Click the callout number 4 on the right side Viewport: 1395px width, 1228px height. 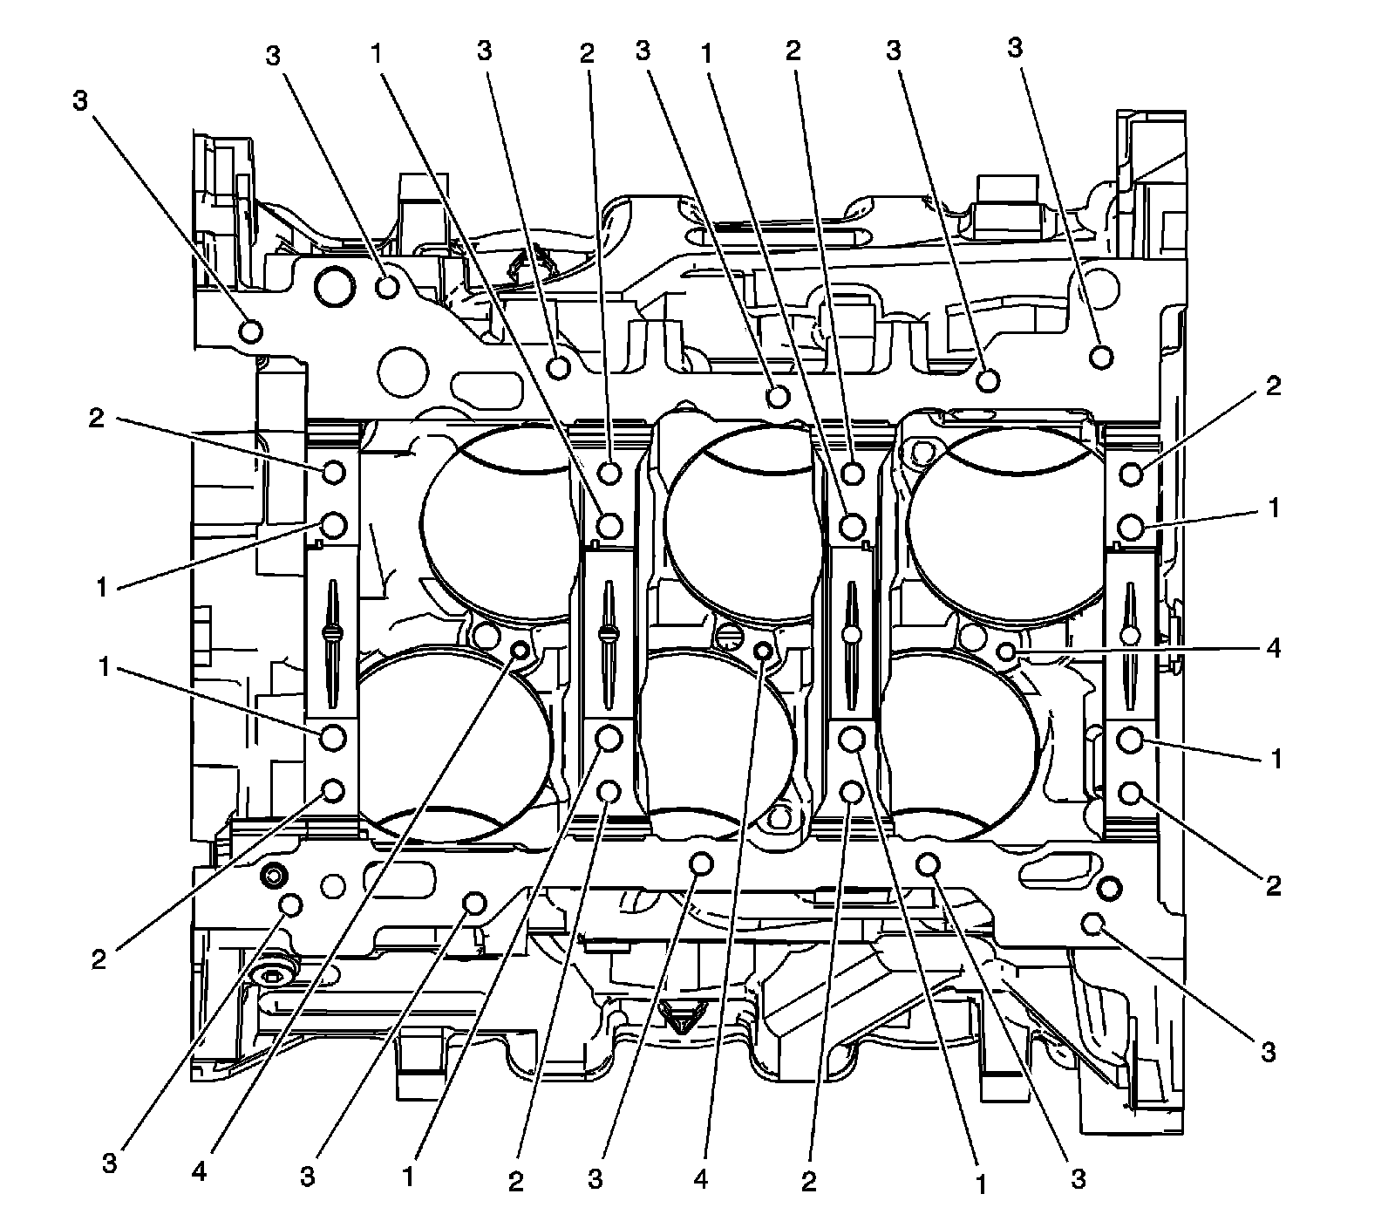1274,650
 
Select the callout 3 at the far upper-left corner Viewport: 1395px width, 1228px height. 80,102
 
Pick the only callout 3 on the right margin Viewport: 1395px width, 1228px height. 1268,1052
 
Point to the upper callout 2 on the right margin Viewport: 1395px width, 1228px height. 1274,385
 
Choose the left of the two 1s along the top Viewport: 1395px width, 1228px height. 376,54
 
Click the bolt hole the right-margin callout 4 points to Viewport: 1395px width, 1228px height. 1005,651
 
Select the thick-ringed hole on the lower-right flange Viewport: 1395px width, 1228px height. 1109,889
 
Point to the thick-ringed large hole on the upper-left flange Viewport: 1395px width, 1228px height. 335,286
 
